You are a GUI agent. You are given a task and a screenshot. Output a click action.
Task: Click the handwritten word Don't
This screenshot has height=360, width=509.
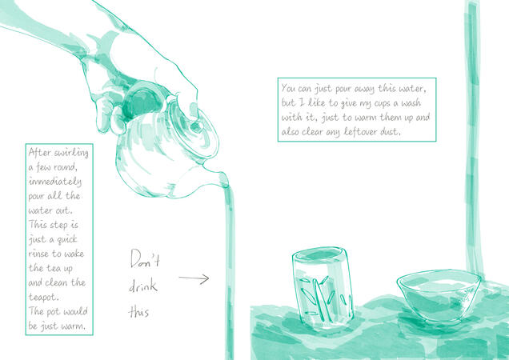pos(145,258)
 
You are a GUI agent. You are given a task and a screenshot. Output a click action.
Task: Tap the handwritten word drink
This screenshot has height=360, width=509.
pos(143,285)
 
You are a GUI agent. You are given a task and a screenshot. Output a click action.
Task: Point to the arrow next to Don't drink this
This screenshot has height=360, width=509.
pos(194,278)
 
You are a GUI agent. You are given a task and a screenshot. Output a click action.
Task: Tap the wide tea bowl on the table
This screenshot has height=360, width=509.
pos(439,296)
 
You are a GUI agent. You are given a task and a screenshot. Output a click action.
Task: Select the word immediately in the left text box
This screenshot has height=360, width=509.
pos(55,182)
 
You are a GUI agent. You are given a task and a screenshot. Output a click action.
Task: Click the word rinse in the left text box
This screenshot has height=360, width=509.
pos(40,254)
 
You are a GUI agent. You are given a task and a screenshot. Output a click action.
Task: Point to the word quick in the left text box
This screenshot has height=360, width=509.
pos(67,240)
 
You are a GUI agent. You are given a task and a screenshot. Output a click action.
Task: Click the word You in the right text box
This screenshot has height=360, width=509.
pos(288,88)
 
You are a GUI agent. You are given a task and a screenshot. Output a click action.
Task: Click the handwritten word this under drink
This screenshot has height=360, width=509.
pos(138,312)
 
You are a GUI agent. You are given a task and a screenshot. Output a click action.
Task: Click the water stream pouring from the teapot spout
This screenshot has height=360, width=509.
pos(229,273)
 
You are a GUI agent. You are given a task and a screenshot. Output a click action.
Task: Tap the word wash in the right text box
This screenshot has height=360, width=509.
pos(411,103)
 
